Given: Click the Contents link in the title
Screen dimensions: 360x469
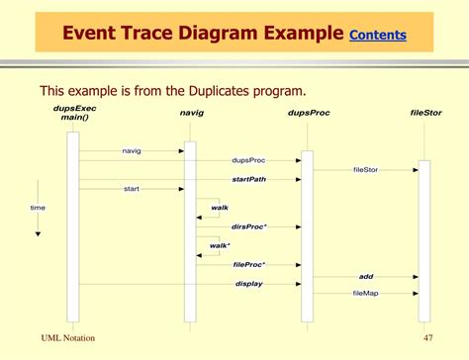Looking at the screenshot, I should tap(378, 35).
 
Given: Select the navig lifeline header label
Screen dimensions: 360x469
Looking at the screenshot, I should tap(192, 113).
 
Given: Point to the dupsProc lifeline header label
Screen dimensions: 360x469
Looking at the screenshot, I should tap(308, 113).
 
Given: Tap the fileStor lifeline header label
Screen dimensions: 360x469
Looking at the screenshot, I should tap(425, 113).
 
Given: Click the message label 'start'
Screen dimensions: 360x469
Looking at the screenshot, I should tap(131, 188).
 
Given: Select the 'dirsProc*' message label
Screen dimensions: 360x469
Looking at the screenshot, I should tap(248, 226).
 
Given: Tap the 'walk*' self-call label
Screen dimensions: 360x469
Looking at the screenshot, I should tap(220, 245).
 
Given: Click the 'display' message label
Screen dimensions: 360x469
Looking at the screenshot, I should tap(248, 284).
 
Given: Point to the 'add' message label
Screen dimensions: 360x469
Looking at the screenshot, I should tap(365, 276).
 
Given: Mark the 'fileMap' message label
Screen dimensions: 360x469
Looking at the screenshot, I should tap(365, 293).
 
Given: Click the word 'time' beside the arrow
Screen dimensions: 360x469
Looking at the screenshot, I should tap(38, 208).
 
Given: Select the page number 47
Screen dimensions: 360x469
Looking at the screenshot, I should tap(428, 338).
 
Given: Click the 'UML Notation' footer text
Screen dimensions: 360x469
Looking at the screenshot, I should tap(68, 338).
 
